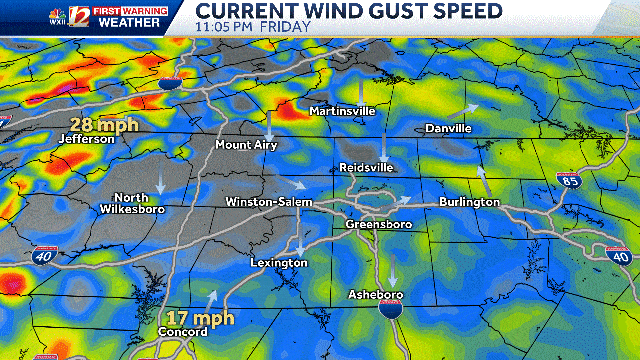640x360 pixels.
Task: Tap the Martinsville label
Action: pos(341,110)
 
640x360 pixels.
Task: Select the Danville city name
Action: pos(448,129)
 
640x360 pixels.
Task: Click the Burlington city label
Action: pos(469,202)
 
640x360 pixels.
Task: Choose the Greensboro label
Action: pos(379,224)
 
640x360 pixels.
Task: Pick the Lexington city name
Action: pos(279,262)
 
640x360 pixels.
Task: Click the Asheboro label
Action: pos(374,295)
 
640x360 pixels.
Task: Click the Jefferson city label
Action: pos(88,139)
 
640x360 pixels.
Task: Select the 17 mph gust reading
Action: pos(200,318)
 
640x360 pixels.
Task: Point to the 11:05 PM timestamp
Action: pos(224,27)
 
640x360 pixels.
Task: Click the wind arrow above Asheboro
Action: pos(392,275)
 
